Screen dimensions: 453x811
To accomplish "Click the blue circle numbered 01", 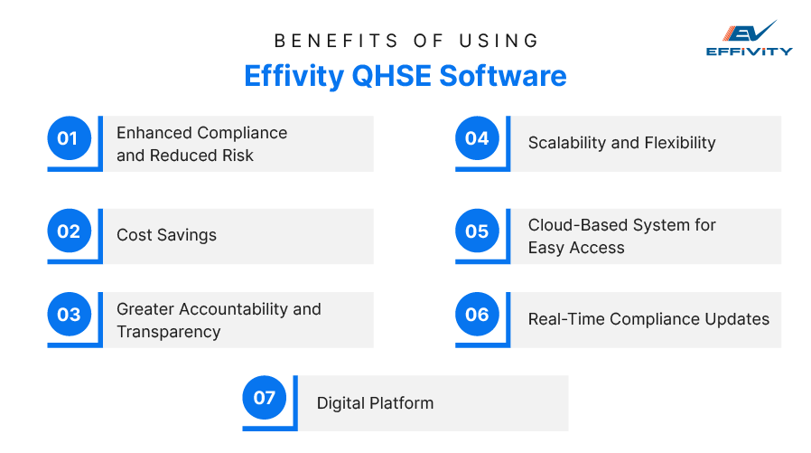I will tap(69, 138).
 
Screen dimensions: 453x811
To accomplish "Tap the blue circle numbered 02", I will tap(69, 231).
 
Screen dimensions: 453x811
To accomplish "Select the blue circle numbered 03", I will tap(69, 315).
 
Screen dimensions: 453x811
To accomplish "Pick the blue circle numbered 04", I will tap(477, 138).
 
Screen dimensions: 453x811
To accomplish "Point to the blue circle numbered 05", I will tap(477, 231).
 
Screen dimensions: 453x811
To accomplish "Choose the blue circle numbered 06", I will tap(477, 315).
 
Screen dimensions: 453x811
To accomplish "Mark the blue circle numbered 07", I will tap(265, 398).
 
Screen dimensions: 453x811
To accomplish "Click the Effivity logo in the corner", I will tap(749, 38).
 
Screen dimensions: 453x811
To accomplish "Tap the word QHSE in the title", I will tap(388, 75).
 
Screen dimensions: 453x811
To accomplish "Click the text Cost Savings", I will tap(166, 235).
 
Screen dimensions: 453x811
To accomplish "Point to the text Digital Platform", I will tap(375, 403).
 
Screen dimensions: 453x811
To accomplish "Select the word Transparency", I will tap(168, 332).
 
